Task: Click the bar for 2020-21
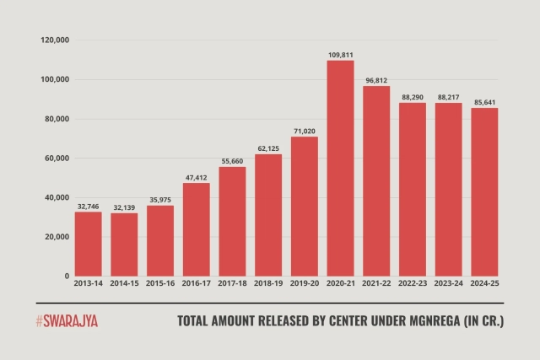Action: point(341,169)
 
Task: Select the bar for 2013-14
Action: point(89,244)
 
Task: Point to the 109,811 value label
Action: point(341,55)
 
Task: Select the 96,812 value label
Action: point(376,80)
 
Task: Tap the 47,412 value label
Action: point(197,177)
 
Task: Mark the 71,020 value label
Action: point(305,131)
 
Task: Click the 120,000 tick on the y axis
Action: point(55,40)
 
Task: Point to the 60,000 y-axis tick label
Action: point(57,159)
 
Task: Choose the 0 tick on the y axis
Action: point(66,277)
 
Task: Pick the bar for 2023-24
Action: point(449,190)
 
